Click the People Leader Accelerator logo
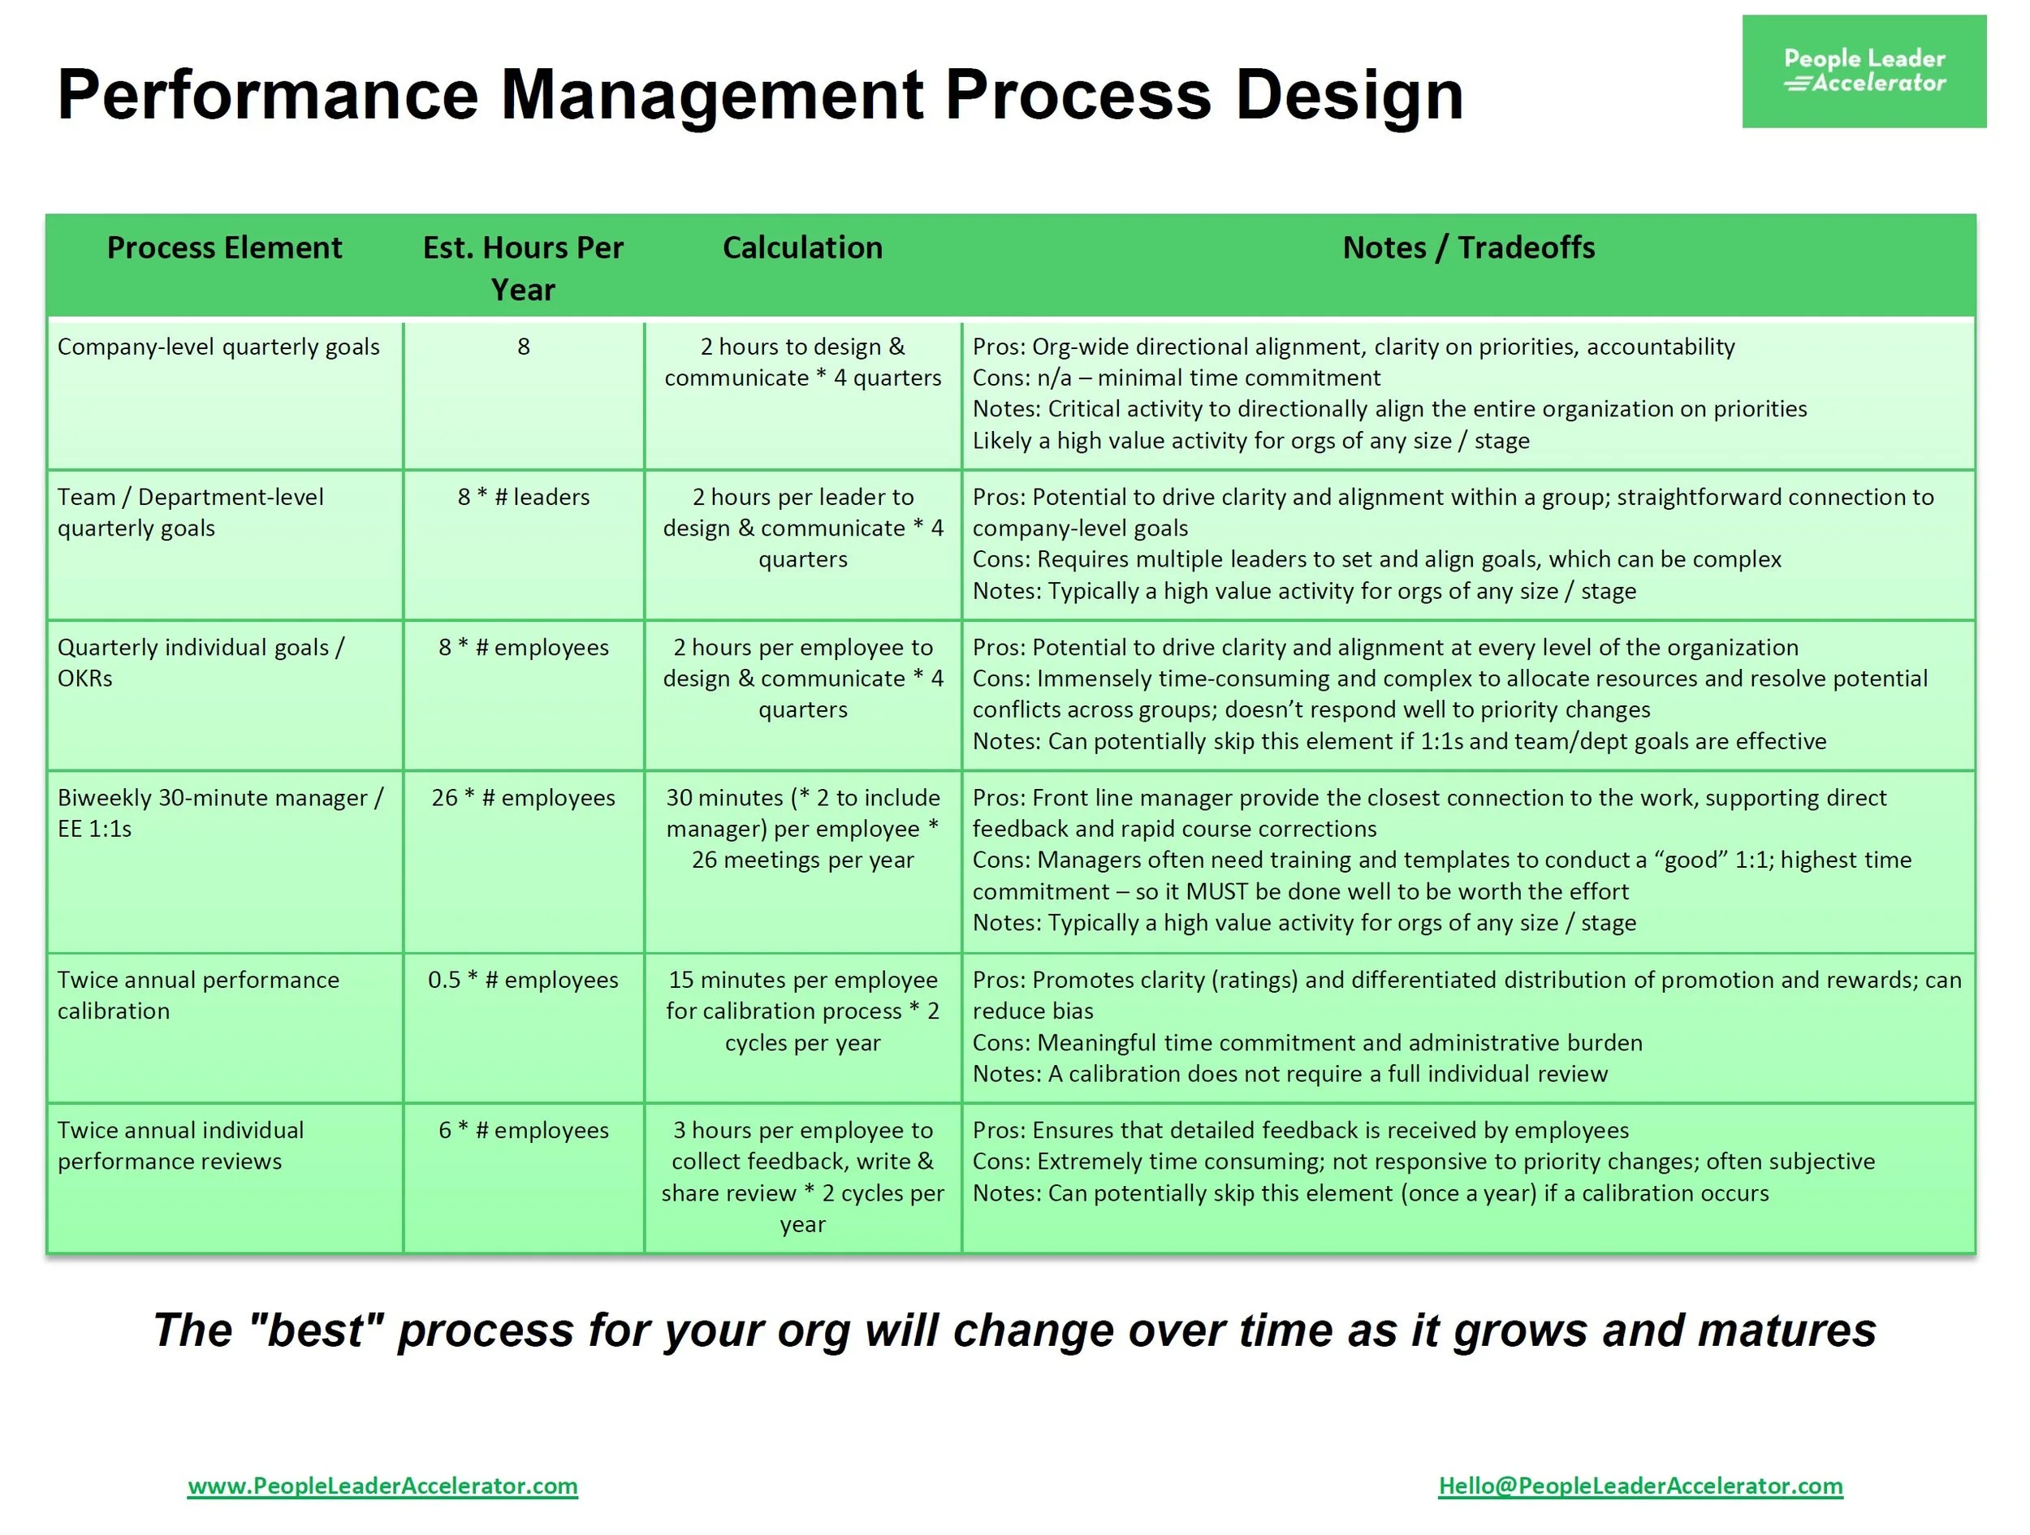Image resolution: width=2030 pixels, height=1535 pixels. pyautogui.click(x=1863, y=71)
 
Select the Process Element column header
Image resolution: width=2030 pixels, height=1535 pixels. pyautogui.click(x=224, y=248)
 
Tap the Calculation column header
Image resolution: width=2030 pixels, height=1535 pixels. pyautogui.click(x=802, y=248)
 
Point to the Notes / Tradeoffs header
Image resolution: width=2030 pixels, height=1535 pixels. pyautogui.click(x=1467, y=248)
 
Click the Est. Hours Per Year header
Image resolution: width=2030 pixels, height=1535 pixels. pyautogui.click(x=523, y=268)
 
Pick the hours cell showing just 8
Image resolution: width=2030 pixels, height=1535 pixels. pyautogui.click(x=523, y=347)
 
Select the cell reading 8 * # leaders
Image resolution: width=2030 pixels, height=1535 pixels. pyautogui.click(x=523, y=498)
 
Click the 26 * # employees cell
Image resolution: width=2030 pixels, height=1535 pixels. pyautogui.click(x=523, y=798)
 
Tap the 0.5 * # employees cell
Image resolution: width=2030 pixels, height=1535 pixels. pyautogui.click(x=523, y=980)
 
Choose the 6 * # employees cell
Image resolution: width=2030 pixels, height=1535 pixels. pyautogui.click(x=523, y=1131)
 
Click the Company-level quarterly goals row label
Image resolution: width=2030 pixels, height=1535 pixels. pyautogui.click(x=218, y=347)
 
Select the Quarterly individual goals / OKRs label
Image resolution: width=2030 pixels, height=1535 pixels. pyautogui.click(x=200, y=662)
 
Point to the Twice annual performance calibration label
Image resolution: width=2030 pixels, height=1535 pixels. pyautogui.click(x=198, y=995)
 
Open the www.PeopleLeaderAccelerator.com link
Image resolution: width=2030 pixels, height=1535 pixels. pyautogui.click(x=382, y=1485)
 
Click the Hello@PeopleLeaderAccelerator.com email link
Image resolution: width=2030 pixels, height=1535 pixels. pyautogui.click(x=1640, y=1485)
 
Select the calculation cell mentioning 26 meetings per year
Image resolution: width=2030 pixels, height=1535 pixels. pyautogui.click(x=802, y=830)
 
